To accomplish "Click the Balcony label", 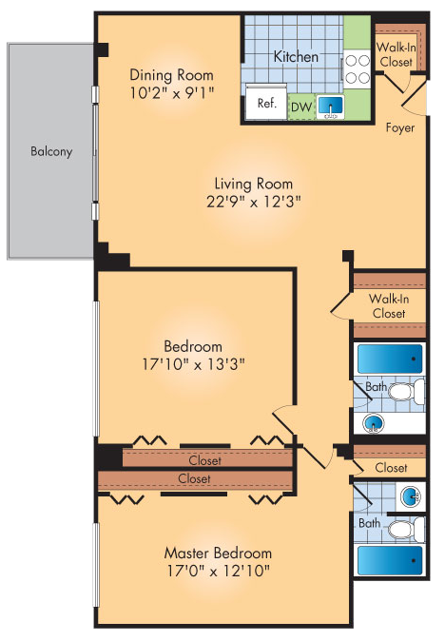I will [51, 151].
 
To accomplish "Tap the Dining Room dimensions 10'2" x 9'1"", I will [171, 93].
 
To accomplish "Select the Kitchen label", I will [296, 57].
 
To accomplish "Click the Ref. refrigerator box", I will [266, 105].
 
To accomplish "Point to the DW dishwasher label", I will [300, 107].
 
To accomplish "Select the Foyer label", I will [399, 127].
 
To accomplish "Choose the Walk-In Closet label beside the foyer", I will [395, 54].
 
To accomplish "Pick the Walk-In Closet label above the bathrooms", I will [388, 305].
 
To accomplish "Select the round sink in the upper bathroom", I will [376, 423].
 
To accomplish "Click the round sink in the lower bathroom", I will [410, 495].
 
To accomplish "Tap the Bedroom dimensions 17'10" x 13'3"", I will [192, 363].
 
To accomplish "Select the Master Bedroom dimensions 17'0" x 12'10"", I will [218, 571].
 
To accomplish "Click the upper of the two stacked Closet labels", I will [204, 460].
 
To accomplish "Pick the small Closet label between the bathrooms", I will [391, 468].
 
